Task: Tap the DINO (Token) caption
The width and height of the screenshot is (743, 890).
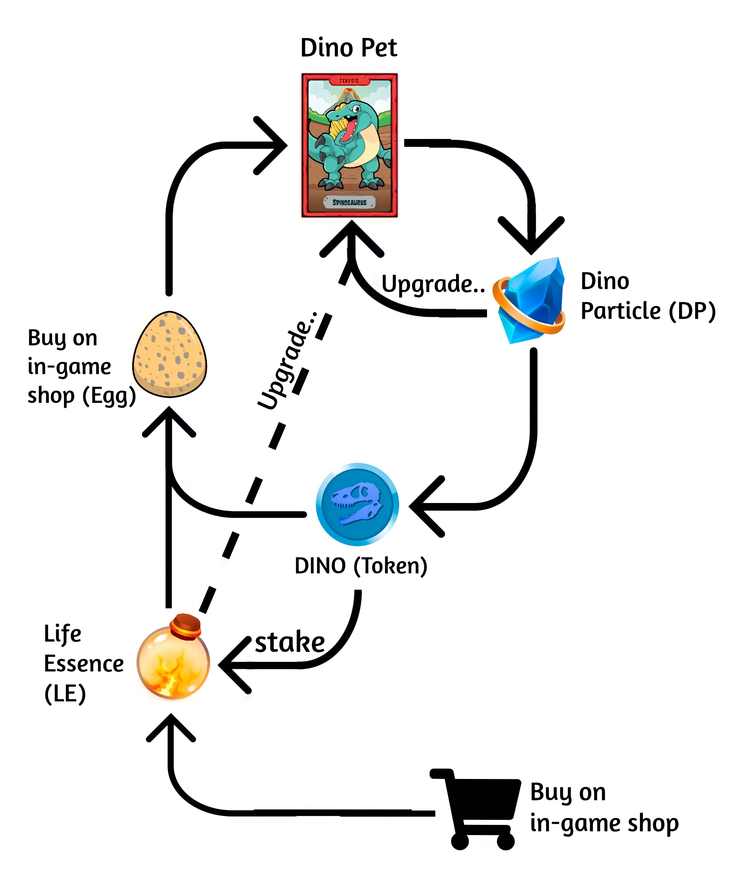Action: (361, 566)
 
